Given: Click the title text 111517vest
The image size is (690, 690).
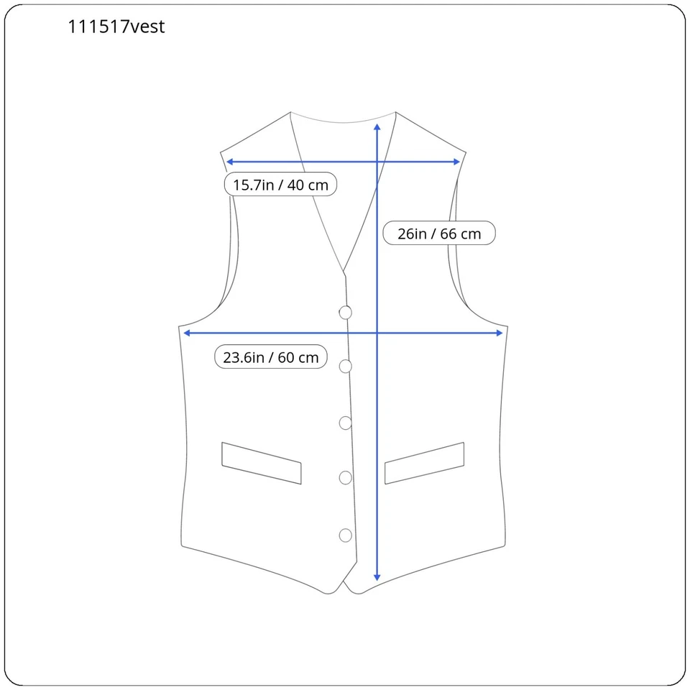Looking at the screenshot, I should click(116, 27).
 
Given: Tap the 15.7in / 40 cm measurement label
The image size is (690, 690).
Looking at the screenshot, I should click(280, 185).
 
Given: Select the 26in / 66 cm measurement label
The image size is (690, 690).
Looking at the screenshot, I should click(439, 234).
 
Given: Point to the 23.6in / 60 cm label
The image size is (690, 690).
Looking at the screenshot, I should click(271, 357).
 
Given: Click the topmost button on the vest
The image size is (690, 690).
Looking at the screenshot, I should click(346, 312).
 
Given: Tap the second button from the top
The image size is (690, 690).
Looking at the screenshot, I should click(346, 367).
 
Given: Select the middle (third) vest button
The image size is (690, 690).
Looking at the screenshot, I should click(346, 423).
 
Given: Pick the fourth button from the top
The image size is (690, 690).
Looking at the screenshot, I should click(346, 477).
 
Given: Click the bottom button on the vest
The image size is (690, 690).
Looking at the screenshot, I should click(346, 535).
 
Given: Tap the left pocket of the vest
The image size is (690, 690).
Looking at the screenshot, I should click(262, 463).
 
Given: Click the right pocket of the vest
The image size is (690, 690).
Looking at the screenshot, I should click(424, 463).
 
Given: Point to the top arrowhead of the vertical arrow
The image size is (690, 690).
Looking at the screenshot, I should click(377, 126).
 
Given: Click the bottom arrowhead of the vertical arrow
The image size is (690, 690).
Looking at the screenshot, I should click(377, 577).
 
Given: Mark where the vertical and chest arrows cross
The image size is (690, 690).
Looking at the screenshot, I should click(377, 333).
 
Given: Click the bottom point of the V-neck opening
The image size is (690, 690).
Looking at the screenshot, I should click(344, 272).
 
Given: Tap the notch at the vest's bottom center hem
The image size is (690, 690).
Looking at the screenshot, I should click(344, 584).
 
